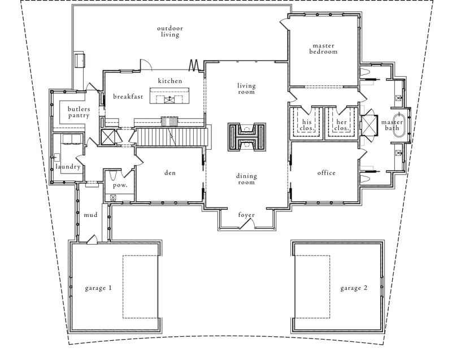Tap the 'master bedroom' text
pyautogui.click(x=323, y=49)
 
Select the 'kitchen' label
pyautogui.click(x=170, y=81)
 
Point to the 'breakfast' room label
pyautogui.click(x=127, y=97)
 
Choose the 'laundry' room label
pyautogui.click(x=68, y=167)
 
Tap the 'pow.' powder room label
pyautogui.click(x=120, y=185)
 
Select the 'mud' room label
pyautogui.click(x=91, y=215)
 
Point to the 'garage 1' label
pyautogui.click(x=98, y=288)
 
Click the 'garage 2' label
pyautogui.click(x=354, y=288)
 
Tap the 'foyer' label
pyautogui.click(x=246, y=215)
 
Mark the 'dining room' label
pyautogui.click(x=246, y=179)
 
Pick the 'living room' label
pyautogui.click(x=246, y=89)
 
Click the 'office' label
pyautogui.click(x=326, y=173)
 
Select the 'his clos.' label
pyautogui.click(x=306, y=125)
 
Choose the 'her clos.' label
pyautogui.click(x=341, y=125)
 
